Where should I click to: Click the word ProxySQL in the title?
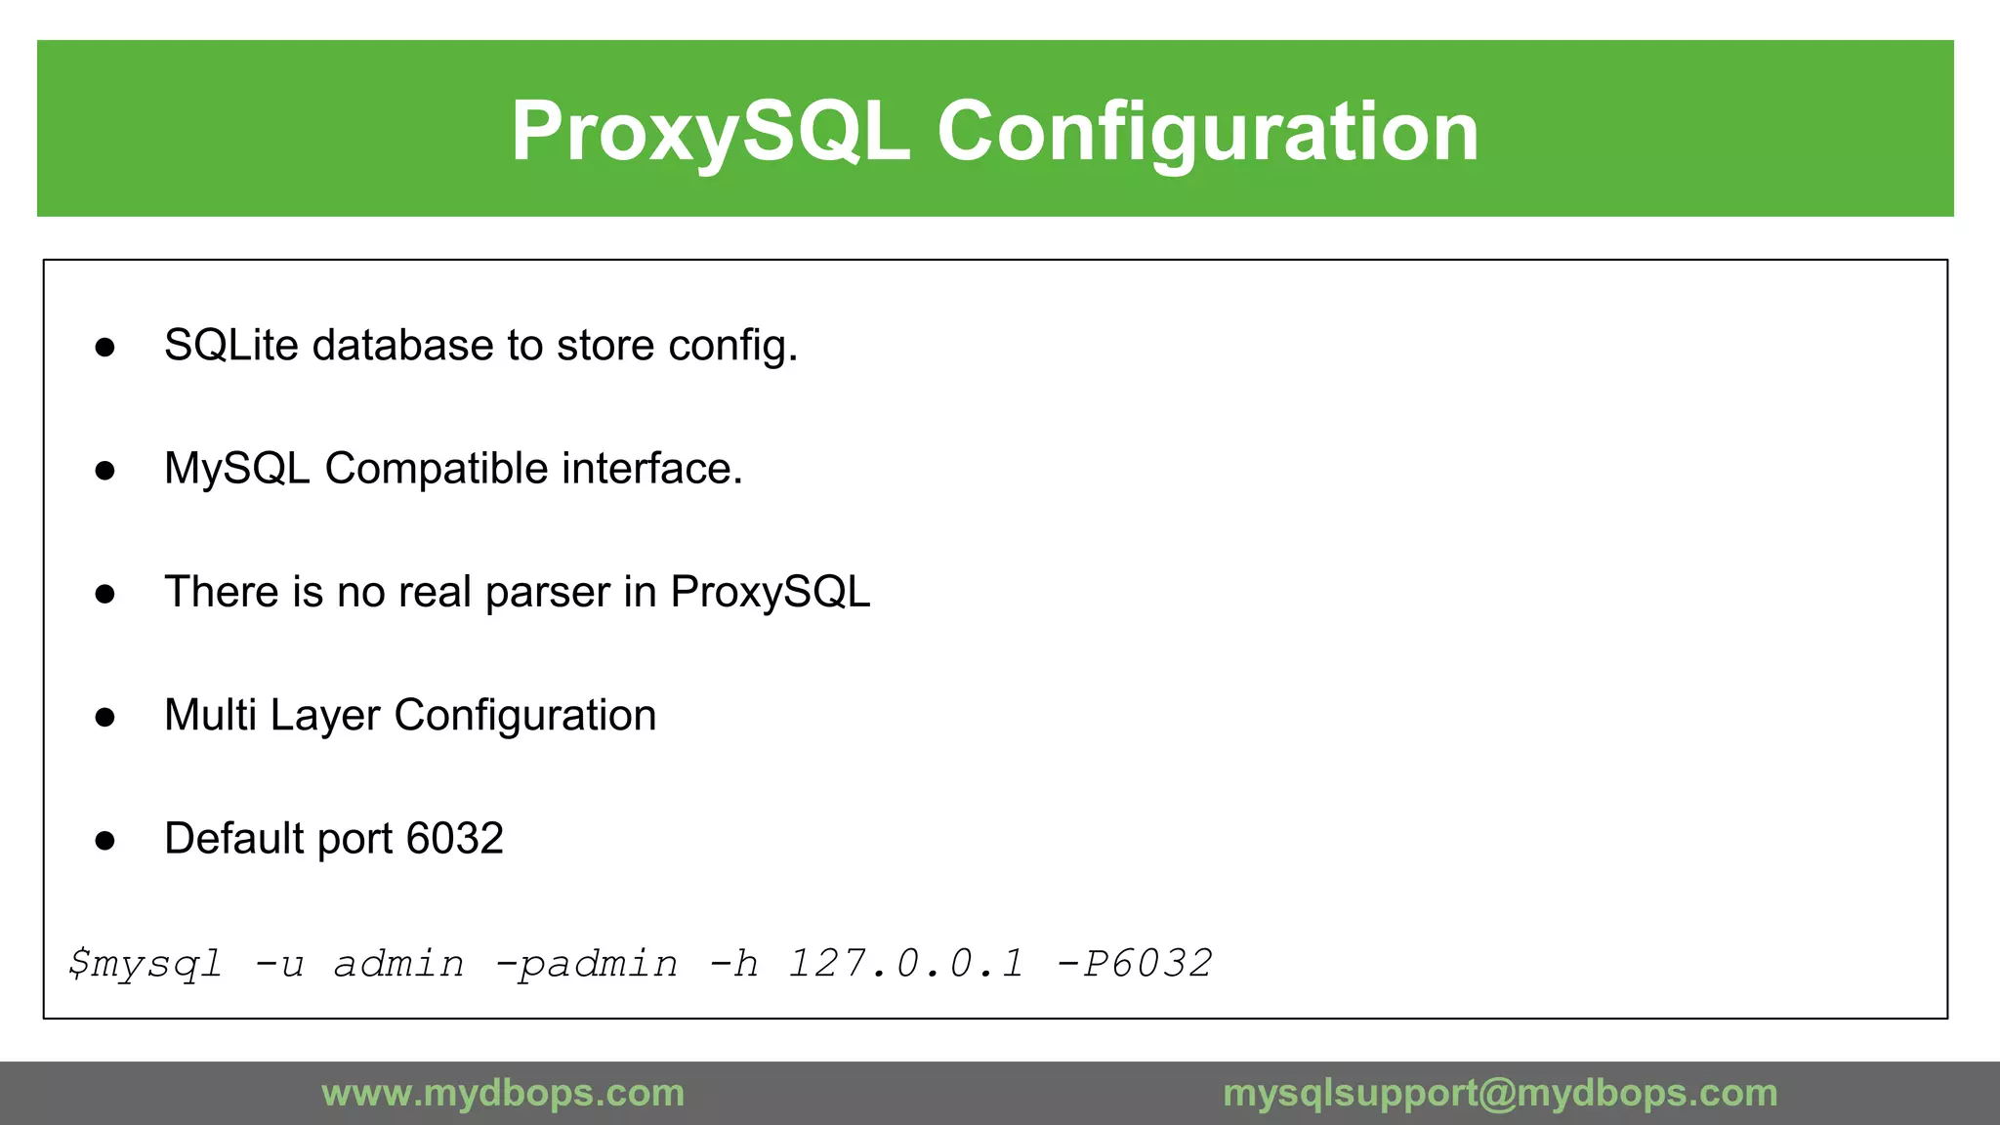pyautogui.click(x=710, y=132)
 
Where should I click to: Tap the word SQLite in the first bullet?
pyautogui.click(x=230, y=346)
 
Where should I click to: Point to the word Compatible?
pyautogui.click(x=436, y=469)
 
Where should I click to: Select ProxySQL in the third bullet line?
pyautogui.click(x=770, y=593)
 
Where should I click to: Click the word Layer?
pyautogui.click(x=325, y=716)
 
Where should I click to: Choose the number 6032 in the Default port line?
pyautogui.click(x=454, y=839)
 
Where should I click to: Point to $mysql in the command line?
pyautogui.click(x=146, y=964)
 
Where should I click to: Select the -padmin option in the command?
pyautogui.click(x=586, y=964)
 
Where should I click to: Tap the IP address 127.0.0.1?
pyautogui.click(x=906, y=964)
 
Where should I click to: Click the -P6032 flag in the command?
pyautogui.click(x=1135, y=964)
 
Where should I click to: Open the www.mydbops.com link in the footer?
pyautogui.click(x=503, y=1093)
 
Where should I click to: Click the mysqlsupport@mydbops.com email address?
pyautogui.click(x=1500, y=1093)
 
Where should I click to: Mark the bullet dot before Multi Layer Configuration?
pyautogui.click(x=105, y=718)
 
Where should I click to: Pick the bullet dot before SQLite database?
pyautogui.click(x=105, y=348)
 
